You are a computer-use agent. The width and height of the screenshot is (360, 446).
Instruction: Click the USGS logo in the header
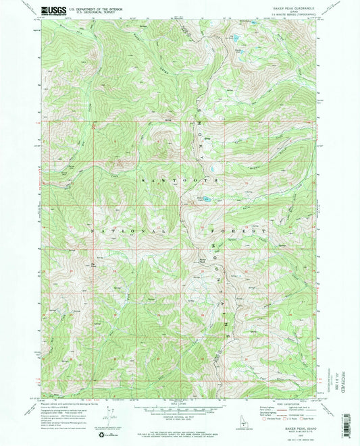click(x=54, y=10)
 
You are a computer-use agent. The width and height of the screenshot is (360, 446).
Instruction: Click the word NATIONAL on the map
click(x=111, y=231)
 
